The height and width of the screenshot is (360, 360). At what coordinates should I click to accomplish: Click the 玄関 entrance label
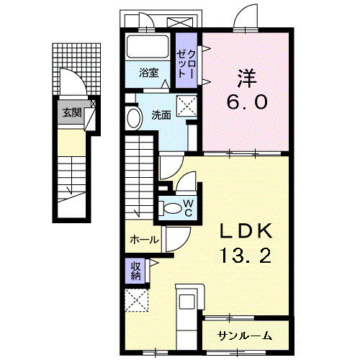(71, 112)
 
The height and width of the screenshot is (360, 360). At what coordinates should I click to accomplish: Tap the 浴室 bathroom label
(149, 73)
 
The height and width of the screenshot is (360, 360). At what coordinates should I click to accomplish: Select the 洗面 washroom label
(161, 114)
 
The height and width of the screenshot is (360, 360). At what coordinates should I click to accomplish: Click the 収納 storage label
(136, 271)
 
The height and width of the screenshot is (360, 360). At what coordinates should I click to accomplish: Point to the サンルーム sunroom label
(246, 336)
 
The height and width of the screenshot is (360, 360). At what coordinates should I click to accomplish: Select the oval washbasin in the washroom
(133, 118)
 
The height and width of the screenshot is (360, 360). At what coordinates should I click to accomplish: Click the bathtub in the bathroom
(148, 48)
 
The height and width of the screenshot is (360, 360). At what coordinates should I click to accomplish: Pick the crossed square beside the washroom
(188, 105)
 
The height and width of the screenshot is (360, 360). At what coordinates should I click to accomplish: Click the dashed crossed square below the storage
(135, 300)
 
